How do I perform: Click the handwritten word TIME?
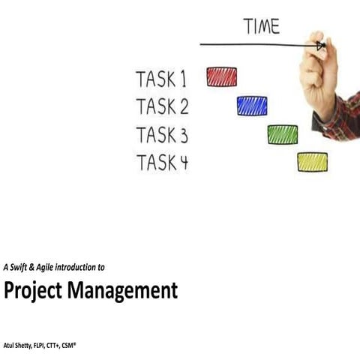(261, 26)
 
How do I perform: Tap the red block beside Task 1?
(221, 76)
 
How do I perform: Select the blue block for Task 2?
(252, 106)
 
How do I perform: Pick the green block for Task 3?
(283, 134)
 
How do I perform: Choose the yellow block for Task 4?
(312, 162)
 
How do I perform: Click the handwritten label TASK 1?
(161, 78)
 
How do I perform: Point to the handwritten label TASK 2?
(162, 106)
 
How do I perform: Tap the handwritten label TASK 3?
(162, 135)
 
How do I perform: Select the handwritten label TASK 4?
(162, 162)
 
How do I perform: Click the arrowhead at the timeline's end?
(320, 46)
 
